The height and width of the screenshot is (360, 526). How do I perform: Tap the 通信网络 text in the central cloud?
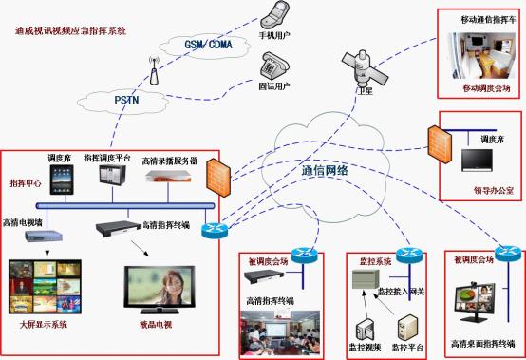pos(325,171)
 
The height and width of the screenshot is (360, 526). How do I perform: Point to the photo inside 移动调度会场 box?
pos(480,48)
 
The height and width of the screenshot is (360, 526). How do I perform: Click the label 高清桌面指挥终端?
pos(480,340)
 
